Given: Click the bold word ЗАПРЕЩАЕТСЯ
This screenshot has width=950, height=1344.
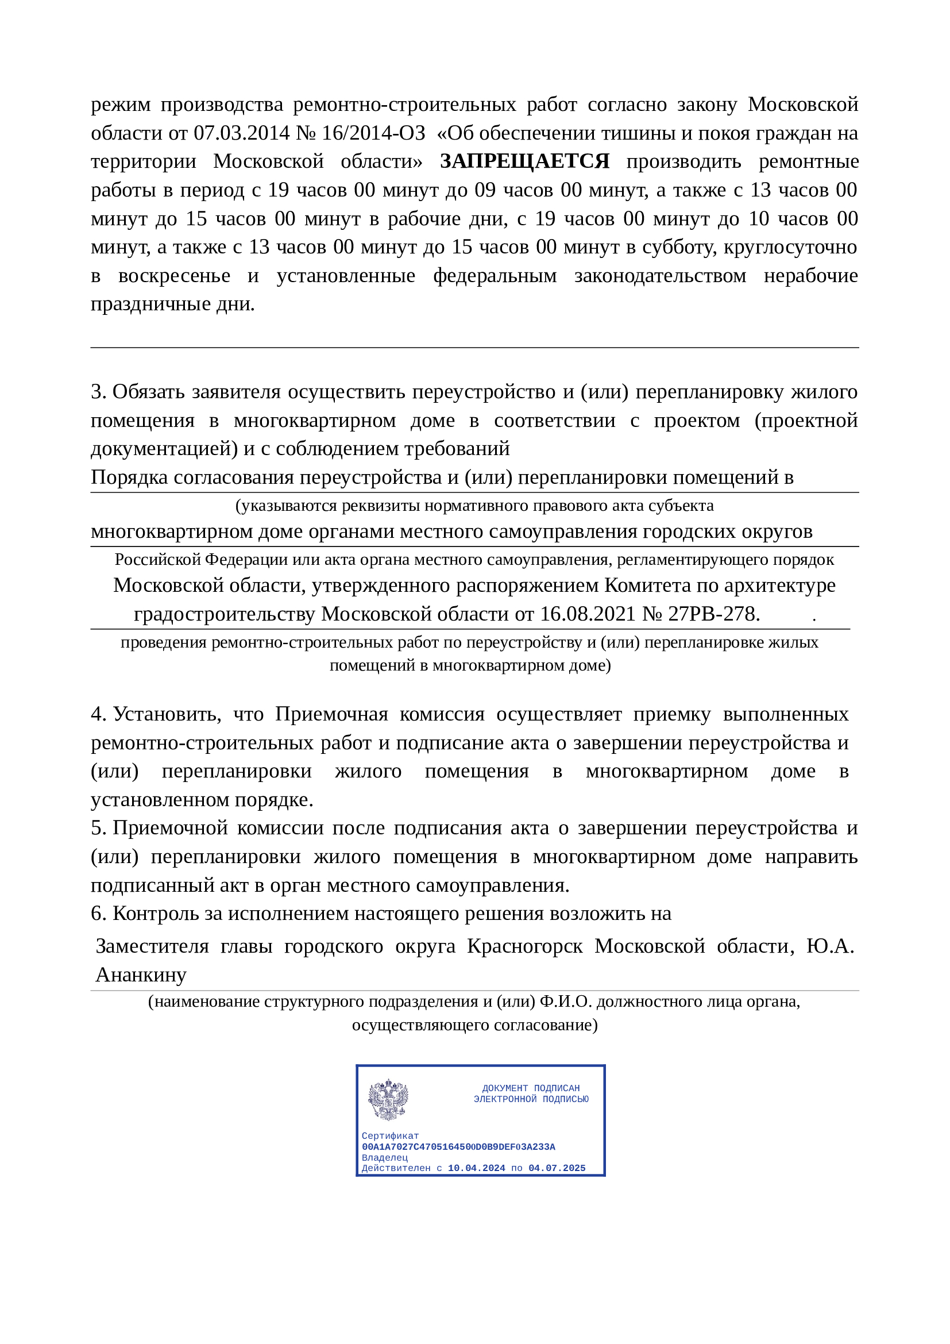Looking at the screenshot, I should (524, 161).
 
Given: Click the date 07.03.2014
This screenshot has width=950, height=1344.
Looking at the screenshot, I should (241, 133).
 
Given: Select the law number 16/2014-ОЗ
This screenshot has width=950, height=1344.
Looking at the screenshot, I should (373, 133).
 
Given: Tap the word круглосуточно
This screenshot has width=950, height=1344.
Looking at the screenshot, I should (790, 247).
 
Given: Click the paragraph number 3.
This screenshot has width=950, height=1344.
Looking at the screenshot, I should (97, 392).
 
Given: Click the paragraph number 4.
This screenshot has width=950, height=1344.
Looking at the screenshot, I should (97, 714).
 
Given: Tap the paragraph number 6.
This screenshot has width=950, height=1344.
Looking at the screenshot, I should (97, 914).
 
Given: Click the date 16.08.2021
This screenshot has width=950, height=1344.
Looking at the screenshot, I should (588, 614).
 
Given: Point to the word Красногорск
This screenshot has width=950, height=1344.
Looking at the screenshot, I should (525, 946).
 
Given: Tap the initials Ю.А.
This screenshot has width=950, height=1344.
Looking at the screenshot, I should (830, 946).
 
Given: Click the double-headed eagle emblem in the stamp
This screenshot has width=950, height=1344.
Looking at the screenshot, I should (388, 1100).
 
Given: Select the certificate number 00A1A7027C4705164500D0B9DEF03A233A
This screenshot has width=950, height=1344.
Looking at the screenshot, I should (458, 1147).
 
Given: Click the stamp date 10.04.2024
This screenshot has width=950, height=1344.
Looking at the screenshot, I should (476, 1168).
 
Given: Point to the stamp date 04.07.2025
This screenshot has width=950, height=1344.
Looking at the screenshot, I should (557, 1168).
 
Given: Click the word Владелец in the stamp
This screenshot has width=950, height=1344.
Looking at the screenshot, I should (384, 1157).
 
